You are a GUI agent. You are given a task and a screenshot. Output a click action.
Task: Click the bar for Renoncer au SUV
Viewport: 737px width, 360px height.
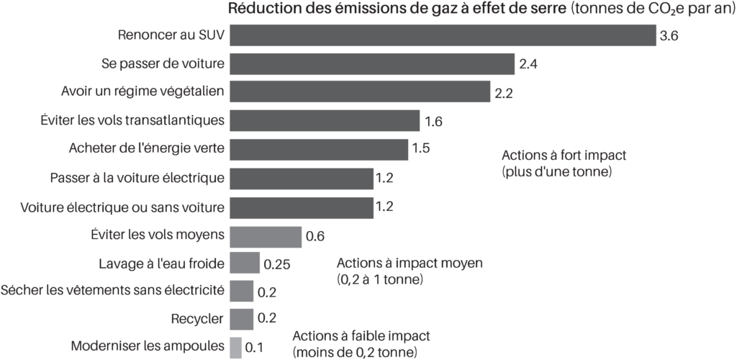click(443, 35)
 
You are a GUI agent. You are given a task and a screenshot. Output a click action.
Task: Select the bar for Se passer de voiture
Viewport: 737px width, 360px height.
click(372, 63)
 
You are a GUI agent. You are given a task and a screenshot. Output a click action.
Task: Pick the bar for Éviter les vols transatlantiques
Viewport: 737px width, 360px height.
click(325, 120)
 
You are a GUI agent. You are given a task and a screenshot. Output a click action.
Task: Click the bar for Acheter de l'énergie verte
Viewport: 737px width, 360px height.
click(319, 148)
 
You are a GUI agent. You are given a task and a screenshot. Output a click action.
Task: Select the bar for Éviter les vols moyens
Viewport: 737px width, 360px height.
click(266, 235)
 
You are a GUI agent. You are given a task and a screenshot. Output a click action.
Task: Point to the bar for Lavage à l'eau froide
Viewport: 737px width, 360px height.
click(245, 263)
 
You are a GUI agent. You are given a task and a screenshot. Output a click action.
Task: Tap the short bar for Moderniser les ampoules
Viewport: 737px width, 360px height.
click(235, 347)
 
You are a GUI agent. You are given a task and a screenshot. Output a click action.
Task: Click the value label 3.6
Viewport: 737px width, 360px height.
click(669, 36)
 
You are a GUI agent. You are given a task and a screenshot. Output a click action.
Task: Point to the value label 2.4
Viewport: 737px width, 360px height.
click(529, 64)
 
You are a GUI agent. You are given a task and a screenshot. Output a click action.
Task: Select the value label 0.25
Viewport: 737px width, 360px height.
click(277, 264)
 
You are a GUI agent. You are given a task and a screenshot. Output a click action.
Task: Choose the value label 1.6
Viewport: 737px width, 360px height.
click(433, 121)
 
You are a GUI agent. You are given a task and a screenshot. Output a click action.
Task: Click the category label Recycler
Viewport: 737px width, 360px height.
click(198, 318)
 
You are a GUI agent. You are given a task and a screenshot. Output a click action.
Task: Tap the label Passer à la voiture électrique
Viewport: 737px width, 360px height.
click(137, 177)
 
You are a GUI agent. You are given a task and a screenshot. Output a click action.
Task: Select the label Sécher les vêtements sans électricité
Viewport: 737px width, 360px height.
click(113, 290)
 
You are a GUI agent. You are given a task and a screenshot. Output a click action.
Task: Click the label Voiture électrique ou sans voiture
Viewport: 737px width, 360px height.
click(122, 207)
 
